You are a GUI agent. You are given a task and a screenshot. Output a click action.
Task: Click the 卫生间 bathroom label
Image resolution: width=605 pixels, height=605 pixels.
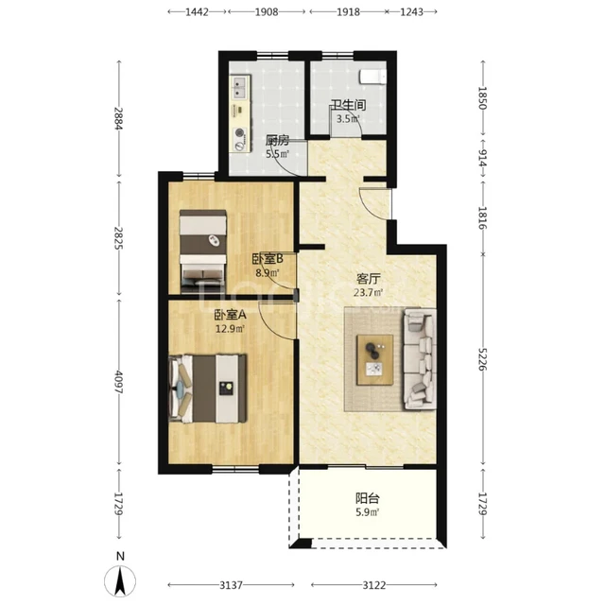point(349,105)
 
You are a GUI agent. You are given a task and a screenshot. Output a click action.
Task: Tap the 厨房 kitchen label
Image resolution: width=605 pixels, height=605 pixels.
point(277,140)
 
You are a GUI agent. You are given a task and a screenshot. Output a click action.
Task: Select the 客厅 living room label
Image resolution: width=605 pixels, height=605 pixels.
point(369,279)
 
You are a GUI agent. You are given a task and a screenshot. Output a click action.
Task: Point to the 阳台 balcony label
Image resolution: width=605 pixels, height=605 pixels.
point(368,498)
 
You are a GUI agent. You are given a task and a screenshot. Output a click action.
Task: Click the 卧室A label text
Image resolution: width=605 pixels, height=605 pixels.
point(231,315)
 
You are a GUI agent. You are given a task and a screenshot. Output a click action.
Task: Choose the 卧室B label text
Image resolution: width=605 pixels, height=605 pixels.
point(268,258)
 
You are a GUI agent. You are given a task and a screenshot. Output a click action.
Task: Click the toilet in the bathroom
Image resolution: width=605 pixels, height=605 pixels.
point(372,77)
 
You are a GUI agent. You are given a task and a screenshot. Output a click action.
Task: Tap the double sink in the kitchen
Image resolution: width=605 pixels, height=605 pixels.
point(239,87)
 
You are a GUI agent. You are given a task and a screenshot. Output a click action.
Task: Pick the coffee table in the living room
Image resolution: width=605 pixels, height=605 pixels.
point(375,359)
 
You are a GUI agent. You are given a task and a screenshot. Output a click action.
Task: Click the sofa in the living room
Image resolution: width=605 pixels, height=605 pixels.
point(420,359)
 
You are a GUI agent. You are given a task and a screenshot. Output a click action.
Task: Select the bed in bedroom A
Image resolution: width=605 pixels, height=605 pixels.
point(208,389)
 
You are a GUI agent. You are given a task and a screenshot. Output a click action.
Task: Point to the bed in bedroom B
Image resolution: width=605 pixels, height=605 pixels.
point(203,251)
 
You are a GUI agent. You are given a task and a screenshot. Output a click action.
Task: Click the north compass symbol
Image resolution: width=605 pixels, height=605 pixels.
point(120,577)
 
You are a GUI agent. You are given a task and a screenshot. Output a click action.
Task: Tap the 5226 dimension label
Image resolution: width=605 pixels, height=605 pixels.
point(482,359)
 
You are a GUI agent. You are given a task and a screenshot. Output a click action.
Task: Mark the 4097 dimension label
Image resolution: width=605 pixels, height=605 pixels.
point(118,382)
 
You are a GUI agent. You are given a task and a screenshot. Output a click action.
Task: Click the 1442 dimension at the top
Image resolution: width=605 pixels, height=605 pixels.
point(197,12)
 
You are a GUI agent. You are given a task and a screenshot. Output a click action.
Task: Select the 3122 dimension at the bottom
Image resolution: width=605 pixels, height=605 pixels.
point(374,585)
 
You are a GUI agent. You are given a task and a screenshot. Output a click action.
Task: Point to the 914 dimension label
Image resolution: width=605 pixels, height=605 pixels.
point(482,158)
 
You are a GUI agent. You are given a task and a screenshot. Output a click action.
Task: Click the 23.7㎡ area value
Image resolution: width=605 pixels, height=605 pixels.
point(369,292)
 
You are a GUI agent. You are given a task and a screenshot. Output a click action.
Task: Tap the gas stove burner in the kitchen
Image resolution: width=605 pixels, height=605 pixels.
point(240,133)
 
